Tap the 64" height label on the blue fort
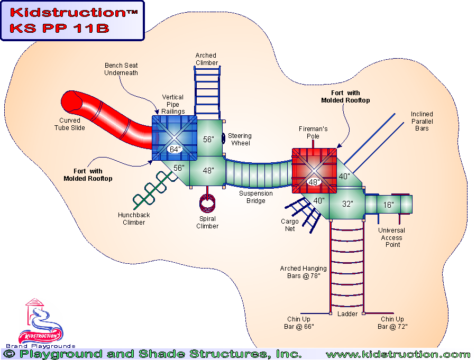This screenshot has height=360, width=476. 174,150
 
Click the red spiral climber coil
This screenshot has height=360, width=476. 207,204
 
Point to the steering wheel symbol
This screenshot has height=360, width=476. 224,139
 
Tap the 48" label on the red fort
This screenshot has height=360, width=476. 314,182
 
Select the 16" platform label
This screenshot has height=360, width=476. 389,205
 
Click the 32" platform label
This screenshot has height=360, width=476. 347,204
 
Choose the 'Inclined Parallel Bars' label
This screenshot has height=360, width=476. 422,121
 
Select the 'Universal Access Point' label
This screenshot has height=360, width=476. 392,238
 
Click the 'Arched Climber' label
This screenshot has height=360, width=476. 206,59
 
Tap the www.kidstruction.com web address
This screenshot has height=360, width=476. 398,354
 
